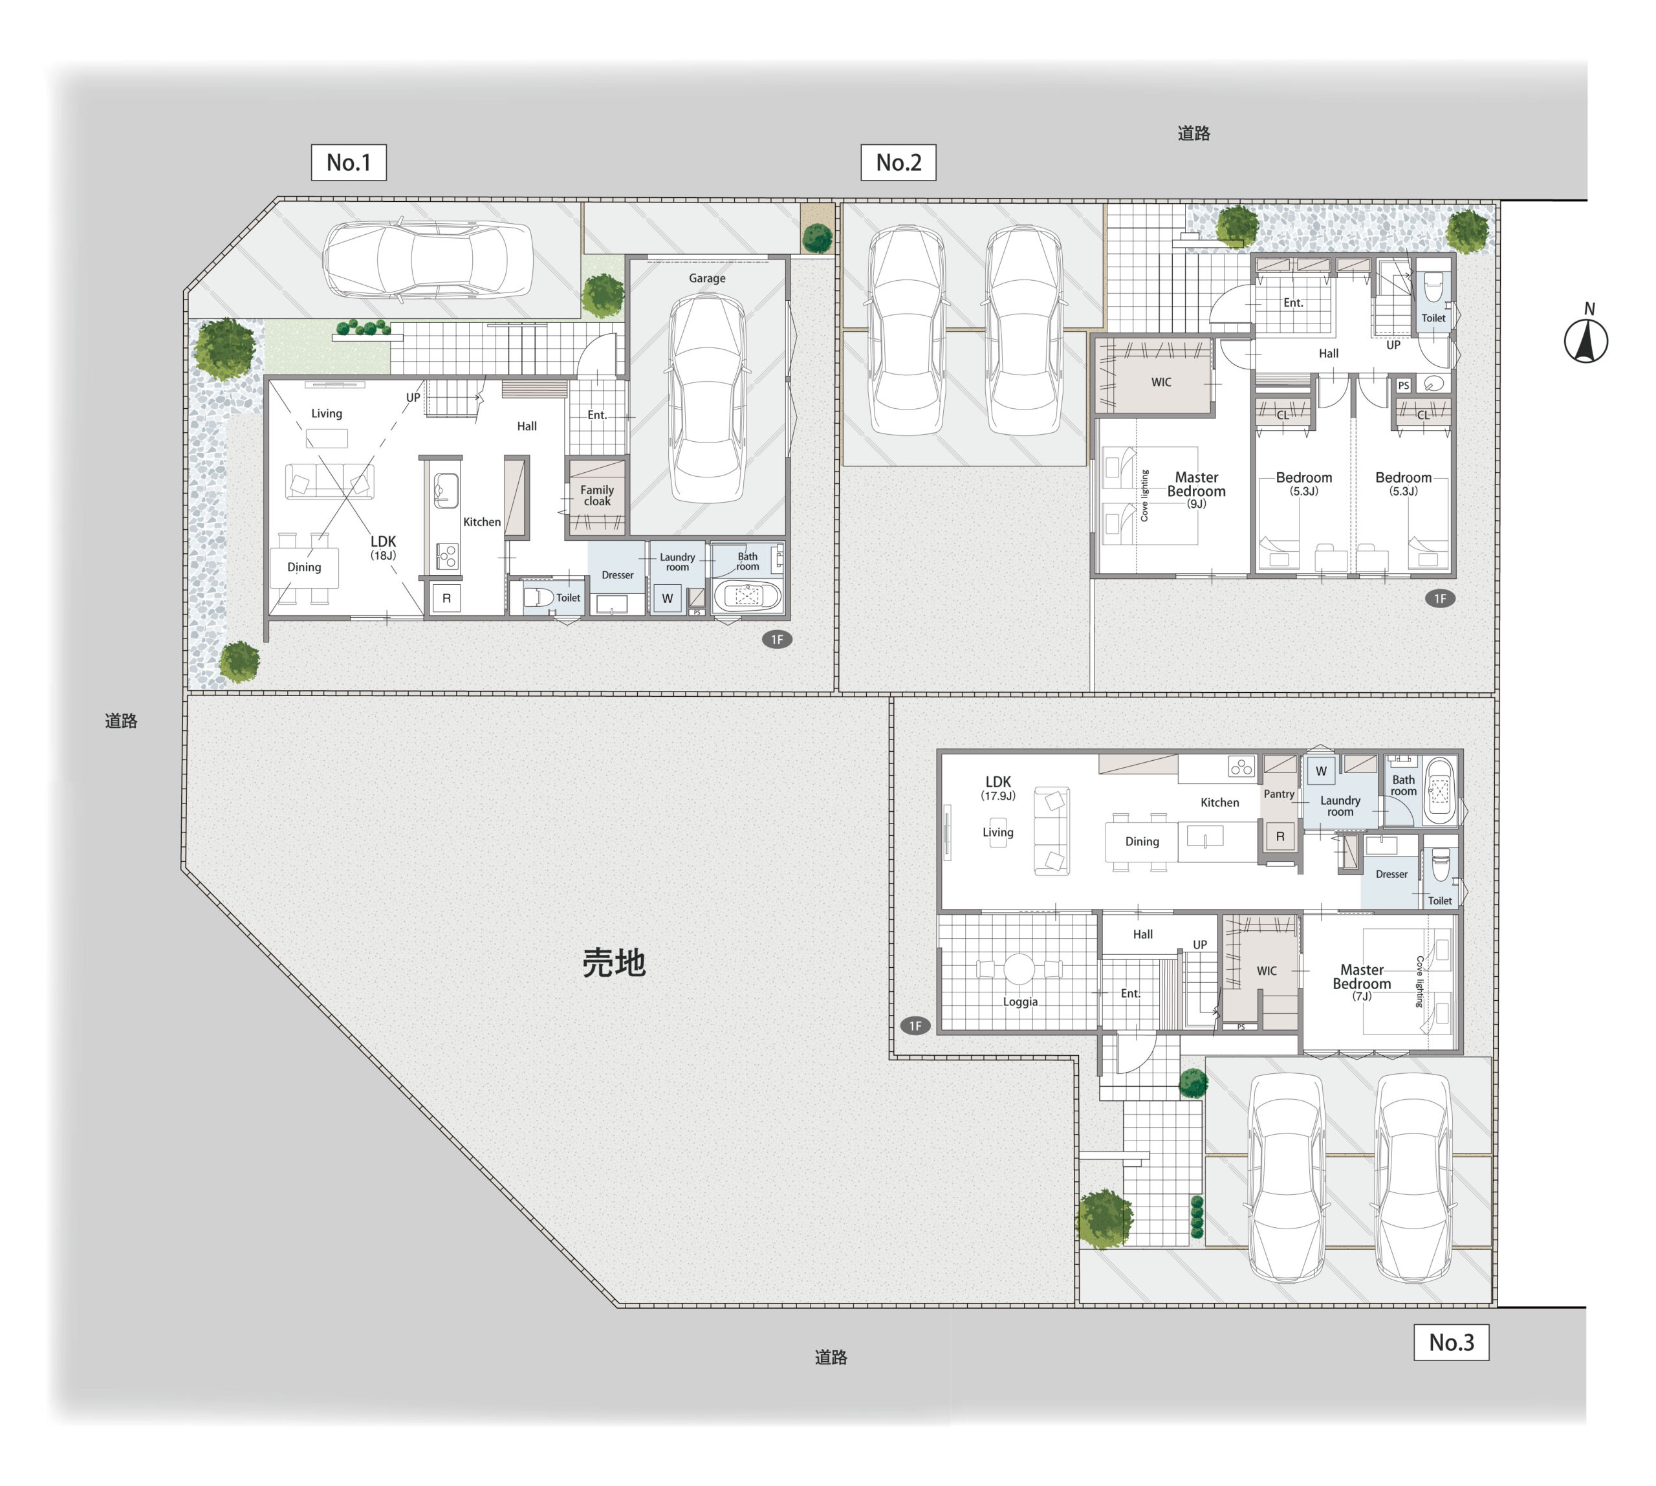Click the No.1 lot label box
349,162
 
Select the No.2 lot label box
899,162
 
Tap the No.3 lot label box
1451,1342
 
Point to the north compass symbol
1585,334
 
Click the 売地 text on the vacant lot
614,963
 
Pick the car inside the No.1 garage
707,398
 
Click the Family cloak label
597,496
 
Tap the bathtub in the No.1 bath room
748,596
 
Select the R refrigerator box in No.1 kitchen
446,598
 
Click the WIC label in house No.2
1161,382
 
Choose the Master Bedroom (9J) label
1196,489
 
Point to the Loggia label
1020,1002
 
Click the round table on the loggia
1019,969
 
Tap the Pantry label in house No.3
1279,794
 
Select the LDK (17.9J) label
998,788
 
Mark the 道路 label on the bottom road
831,1357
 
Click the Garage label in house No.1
707,278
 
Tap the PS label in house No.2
1404,386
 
